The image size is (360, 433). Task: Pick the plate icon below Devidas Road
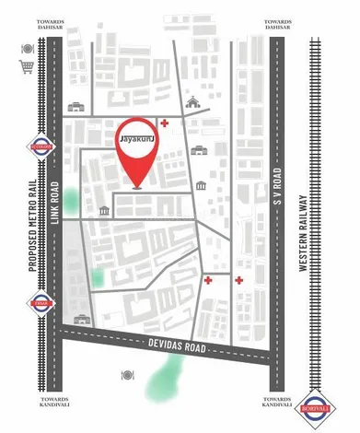(127, 374)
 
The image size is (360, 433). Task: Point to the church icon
(193, 101)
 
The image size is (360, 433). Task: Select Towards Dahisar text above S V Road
(276, 24)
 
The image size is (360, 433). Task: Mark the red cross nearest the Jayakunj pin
(164, 123)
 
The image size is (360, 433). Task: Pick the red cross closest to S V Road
(238, 279)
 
